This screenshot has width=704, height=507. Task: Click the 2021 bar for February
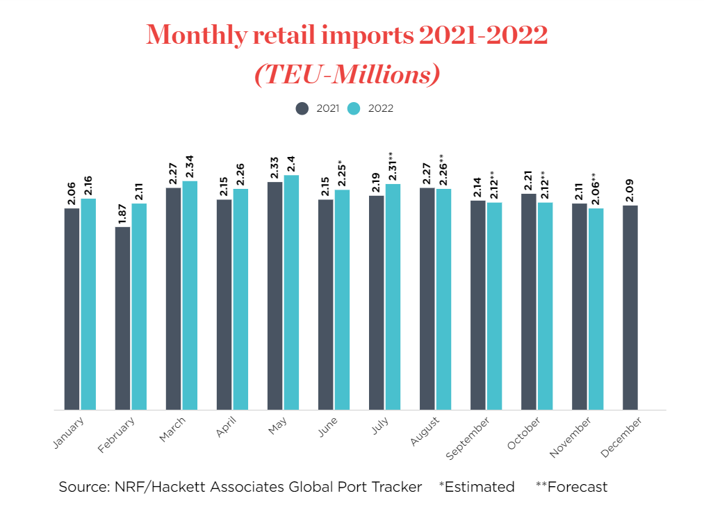point(122,318)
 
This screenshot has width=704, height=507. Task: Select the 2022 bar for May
point(291,292)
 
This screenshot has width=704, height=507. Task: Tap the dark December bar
point(630,307)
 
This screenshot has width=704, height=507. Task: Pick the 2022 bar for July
point(393,297)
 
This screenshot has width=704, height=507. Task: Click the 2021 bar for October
point(529,301)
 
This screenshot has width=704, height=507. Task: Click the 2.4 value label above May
point(291,163)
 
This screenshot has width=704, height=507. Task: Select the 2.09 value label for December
point(630,189)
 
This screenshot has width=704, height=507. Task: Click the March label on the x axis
point(172,431)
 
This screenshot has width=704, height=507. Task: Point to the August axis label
point(426,432)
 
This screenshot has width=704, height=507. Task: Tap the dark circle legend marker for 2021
point(302,108)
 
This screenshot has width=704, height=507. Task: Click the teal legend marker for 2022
point(354,108)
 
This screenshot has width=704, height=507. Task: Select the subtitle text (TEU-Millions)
point(347,74)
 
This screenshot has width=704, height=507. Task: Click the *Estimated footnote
point(477,487)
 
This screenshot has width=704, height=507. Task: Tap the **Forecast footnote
point(571,487)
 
